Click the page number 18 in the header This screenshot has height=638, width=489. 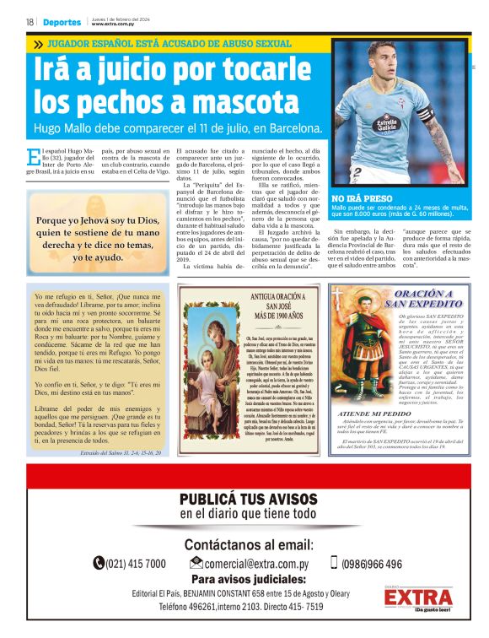point(30,22)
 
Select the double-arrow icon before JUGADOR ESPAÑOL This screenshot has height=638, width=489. point(38,44)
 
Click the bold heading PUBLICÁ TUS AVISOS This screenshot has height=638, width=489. point(248,499)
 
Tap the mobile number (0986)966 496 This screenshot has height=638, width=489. point(371,563)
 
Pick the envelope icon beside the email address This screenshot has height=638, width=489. point(196,563)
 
